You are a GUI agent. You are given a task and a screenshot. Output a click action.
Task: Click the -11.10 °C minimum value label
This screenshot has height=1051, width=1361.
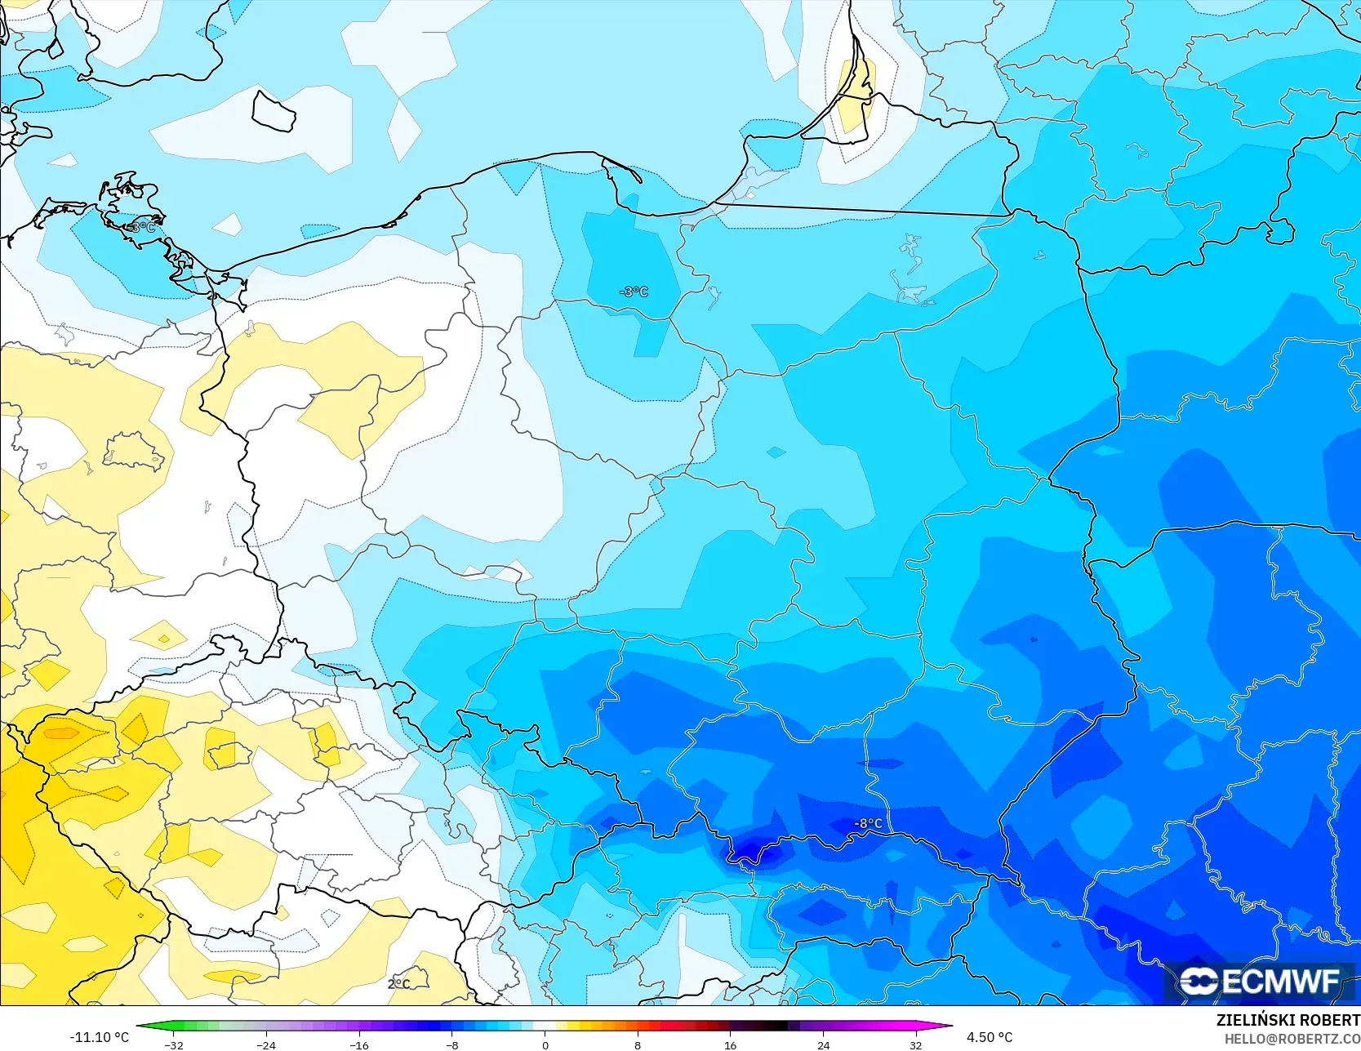pos(99,1037)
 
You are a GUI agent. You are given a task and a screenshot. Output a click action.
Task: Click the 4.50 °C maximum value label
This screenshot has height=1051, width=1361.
pos(990,1037)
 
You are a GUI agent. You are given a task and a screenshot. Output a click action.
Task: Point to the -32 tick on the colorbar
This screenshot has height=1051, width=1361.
pos(174,1044)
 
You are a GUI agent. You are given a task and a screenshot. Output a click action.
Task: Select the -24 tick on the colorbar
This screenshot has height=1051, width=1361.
pos(266,1044)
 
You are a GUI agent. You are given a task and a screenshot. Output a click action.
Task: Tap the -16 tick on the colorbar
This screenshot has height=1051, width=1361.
pos(359,1044)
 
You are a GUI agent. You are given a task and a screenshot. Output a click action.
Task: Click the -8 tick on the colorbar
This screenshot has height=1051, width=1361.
pos(452,1044)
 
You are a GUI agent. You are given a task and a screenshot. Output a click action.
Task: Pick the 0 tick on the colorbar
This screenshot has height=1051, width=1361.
pos(545,1044)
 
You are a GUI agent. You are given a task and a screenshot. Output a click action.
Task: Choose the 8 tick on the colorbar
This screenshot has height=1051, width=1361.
pos(638,1044)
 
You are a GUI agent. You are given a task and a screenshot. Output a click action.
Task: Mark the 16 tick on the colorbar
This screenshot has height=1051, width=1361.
pos(730,1044)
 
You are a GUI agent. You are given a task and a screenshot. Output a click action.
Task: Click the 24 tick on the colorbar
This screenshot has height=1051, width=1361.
pos(823,1044)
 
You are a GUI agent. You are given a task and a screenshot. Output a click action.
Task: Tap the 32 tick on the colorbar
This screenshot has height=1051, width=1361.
pos(915,1044)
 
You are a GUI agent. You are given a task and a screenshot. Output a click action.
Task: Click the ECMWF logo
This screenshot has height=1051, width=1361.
pos(1259,981)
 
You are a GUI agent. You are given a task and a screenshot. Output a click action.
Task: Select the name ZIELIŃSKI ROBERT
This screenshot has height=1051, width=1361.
pos(1288,1020)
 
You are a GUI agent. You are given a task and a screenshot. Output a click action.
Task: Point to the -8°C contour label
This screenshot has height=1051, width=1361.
pos(868,823)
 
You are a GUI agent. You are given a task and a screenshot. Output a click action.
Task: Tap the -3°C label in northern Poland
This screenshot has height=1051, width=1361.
pos(634,292)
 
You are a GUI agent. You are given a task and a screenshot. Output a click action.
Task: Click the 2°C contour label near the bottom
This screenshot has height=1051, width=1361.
pos(398,984)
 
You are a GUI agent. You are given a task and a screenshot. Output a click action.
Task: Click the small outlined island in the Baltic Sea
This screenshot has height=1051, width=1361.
pos(273,111)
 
